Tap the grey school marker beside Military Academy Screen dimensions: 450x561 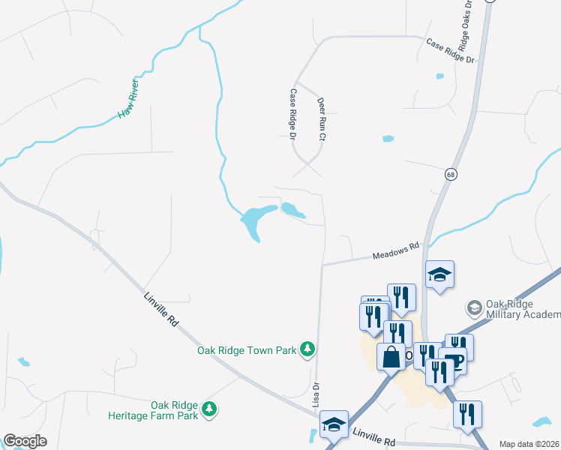click(474, 307)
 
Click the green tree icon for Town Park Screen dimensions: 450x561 click(307, 349)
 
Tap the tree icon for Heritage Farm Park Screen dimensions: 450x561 click(211, 409)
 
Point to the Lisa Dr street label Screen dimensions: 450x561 click(316, 395)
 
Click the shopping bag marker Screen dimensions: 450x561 click(391, 357)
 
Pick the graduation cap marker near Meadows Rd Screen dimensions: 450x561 click(440, 274)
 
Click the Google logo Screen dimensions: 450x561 click(25, 441)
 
